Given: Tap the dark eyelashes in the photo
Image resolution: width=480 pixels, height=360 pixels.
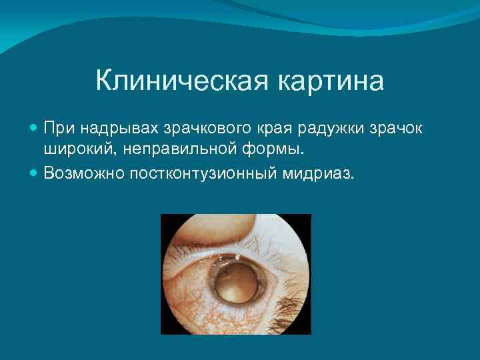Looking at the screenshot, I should pyautogui.click(x=293, y=293).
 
